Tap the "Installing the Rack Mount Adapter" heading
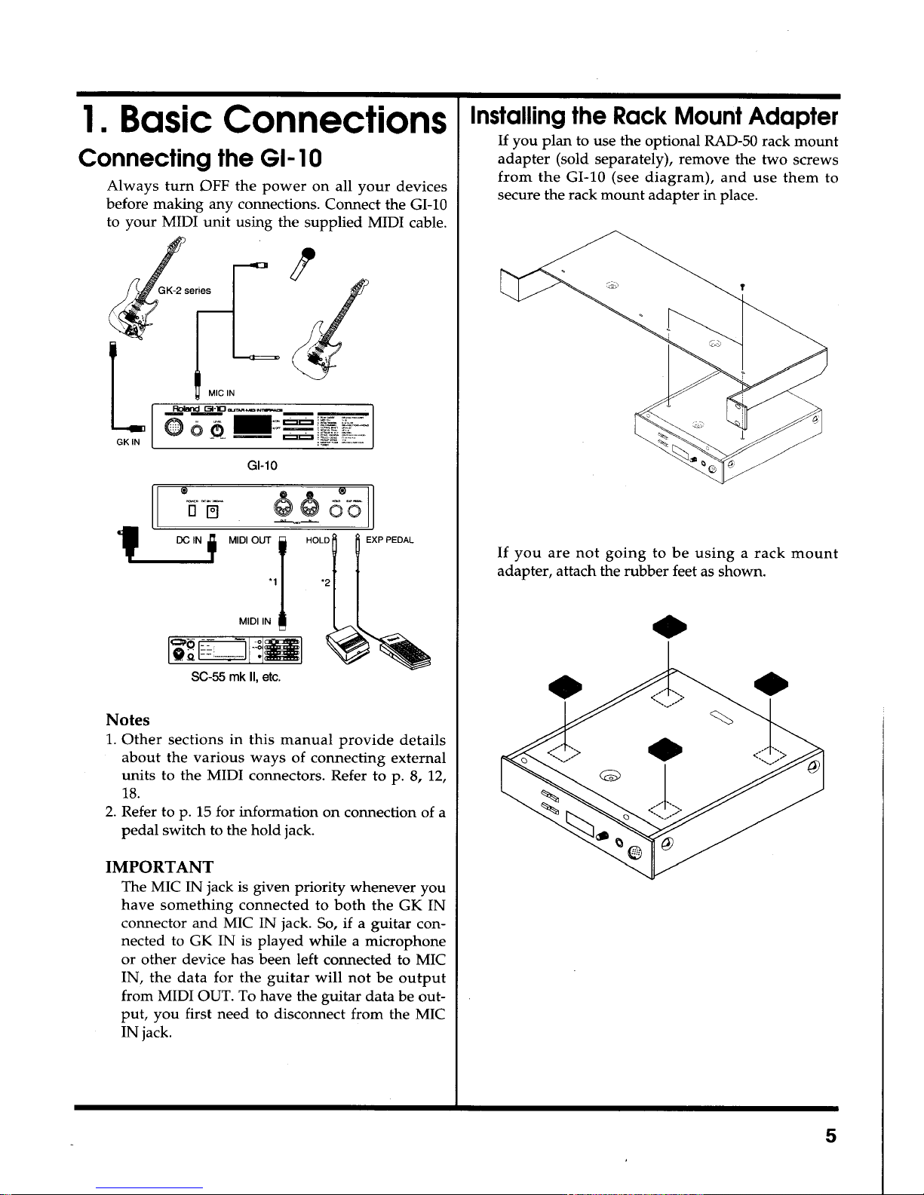click(653, 117)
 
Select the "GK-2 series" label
click(185, 290)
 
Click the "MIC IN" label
click(221, 393)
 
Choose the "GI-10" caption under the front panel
click(262, 466)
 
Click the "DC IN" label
click(189, 540)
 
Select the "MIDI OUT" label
click(250, 540)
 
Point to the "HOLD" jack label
click(317, 540)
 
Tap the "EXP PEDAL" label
click(389, 540)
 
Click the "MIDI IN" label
click(254, 621)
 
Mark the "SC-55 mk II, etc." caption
click(235, 677)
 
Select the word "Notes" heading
click(128, 720)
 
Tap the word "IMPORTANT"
click(159, 867)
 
